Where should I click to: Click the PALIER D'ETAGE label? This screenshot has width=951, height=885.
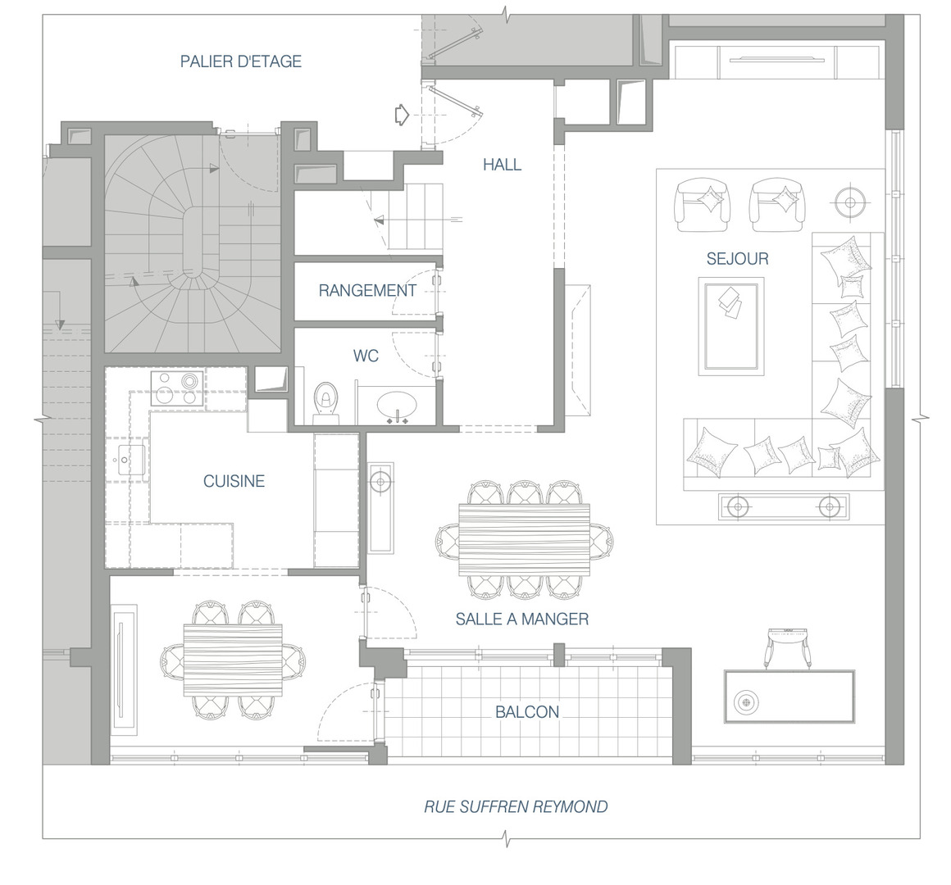(241, 61)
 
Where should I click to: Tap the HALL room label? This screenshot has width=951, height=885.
(503, 164)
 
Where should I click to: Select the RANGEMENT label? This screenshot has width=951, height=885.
(367, 290)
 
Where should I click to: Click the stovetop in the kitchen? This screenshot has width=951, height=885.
(176, 388)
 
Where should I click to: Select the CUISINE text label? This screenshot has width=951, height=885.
(234, 481)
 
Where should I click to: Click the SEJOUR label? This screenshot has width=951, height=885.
(738, 259)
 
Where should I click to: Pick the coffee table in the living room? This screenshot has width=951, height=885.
(730, 326)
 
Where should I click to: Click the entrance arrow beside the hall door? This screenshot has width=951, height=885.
(402, 115)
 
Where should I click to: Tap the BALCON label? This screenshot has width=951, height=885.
(527, 711)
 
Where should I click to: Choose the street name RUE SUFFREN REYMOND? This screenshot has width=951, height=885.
(516, 807)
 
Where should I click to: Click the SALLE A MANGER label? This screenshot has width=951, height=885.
(522, 619)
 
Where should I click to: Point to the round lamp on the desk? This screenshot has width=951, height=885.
(746, 702)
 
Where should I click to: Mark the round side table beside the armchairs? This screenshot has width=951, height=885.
(849, 202)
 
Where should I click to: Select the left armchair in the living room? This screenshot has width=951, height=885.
(703, 204)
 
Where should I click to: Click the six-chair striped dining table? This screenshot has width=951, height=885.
(524, 539)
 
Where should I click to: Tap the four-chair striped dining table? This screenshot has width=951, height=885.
(233, 660)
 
